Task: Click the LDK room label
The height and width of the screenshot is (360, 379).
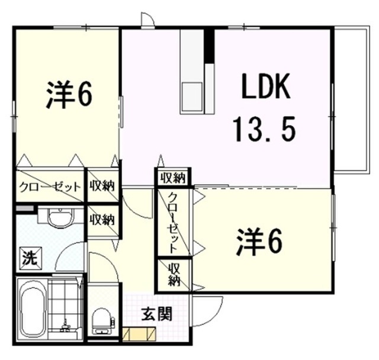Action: click(x=264, y=89)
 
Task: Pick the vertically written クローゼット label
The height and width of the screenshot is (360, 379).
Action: click(x=172, y=222)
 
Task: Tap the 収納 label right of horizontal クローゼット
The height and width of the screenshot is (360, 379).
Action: click(x=102, y=186)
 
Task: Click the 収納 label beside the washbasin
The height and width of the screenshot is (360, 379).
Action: click(x=102, y=219)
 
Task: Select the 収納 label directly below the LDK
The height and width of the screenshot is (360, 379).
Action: click(x=172, y=177)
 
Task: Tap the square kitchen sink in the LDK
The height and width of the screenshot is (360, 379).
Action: click(x=192, y=95)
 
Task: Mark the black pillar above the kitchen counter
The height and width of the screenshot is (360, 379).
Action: click(x=208, y=44)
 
